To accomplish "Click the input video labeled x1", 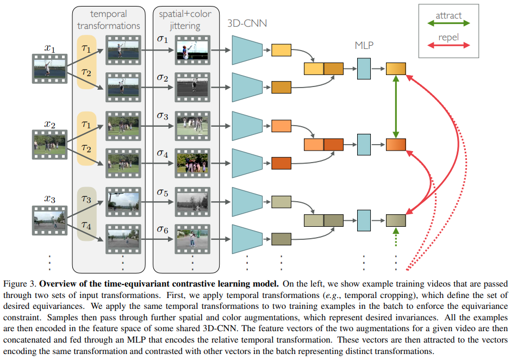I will click(x=49, y=69).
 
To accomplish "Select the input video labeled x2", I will click(x=49, y=144).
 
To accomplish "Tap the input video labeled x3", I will click(x=49, y=220).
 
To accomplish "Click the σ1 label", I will click(x=163, y=40).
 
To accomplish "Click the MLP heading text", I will click(x=363, y=46).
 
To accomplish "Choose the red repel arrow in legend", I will click(x=448, y=45).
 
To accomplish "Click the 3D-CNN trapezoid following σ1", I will click(x=247, y=50).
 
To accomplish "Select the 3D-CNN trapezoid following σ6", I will click(x=247, y=239).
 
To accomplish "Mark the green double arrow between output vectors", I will click(x=396, y=107).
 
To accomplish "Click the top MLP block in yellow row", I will click(x=363, y=69).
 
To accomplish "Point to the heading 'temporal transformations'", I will click(x=109, y=20).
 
